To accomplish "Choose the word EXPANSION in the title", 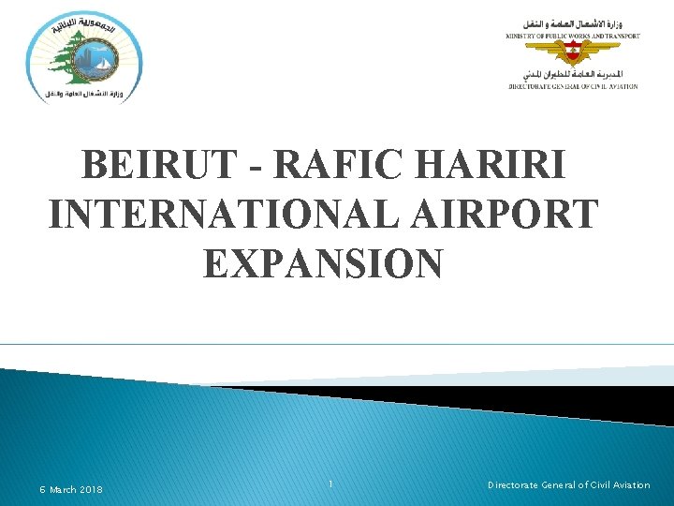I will click(x=322, y=263).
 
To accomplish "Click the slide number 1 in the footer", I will click(x=331, y=484).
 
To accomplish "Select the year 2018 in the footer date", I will click(x=91, y=489).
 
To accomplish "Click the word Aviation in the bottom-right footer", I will click(x=628, y=484).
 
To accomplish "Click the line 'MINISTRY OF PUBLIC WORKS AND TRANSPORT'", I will click(x=573, y=37).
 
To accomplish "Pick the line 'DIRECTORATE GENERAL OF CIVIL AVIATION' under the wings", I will click(x=573, y=85).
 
